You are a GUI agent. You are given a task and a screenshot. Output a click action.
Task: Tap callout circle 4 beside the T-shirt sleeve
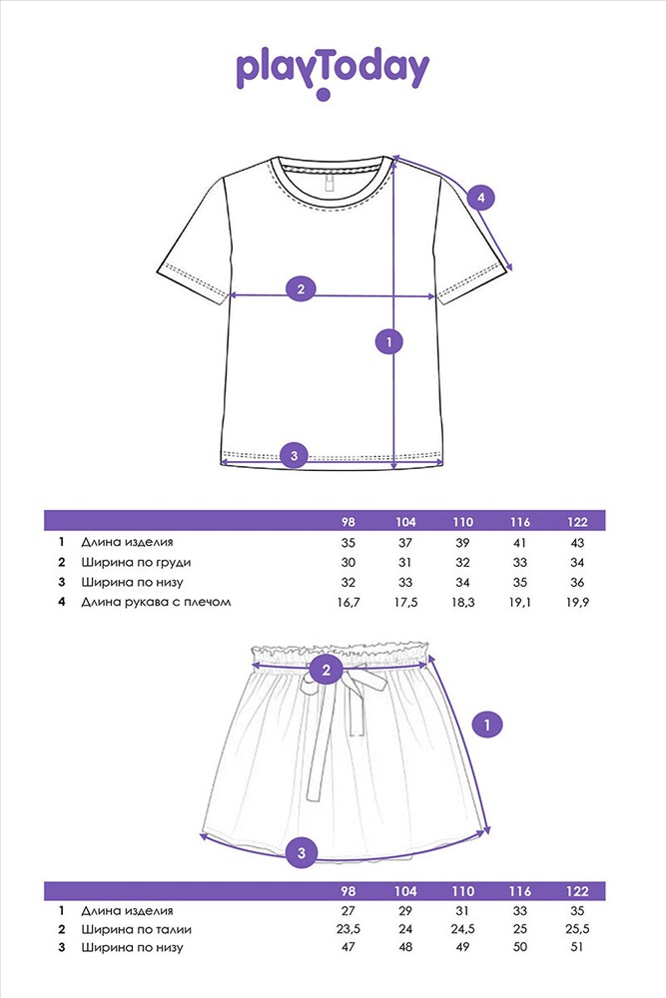pyautogui.click(x=480, y=198)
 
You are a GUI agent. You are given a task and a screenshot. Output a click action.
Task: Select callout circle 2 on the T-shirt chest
pyautogui.click(x=302, y=289)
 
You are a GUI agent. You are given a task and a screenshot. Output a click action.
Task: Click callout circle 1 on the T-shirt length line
pyautogui.click(x=389, y=341)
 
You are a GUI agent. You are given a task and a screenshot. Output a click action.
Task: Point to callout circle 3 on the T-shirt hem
pyautogui.click(x=295, y=455)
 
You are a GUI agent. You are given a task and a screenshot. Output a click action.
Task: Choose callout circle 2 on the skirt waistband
pyautogui.click(x=327, y=670)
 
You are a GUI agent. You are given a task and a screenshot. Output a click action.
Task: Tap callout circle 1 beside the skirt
pyautogui.click(x=487, y=725)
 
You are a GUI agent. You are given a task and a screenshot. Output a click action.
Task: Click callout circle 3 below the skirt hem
pyautogui.click(x=302, y=853)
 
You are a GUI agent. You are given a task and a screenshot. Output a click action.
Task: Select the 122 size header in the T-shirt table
pyautogui.click(x=577, y=522)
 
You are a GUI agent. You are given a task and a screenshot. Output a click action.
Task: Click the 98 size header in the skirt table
pyautogui.click(x=347, y=891)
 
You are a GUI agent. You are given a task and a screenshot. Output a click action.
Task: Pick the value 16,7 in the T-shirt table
pyautogui.click(x=347, y=602)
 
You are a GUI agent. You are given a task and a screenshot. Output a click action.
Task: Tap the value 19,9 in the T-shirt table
pyautogui.click(x=577, y=602)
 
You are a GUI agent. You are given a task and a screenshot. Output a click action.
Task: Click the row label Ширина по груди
pyautogui.click(x=136, y=563)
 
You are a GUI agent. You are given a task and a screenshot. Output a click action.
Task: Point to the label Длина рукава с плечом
pyautogui.click(x=156, y=602)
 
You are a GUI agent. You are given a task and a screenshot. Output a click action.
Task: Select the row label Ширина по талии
pyautogui.click(x=136, y=929)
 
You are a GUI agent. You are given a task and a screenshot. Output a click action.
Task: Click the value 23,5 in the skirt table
pyautogui.click(x=347, y=929)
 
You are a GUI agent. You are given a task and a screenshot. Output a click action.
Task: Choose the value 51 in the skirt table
pyautogui.click(x=577, y=947)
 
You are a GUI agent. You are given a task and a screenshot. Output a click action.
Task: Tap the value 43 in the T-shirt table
pyautogui.click(x=577, y=543)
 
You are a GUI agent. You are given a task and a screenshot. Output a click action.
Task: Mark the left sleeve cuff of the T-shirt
pyautogui.click(x=192, y=279)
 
